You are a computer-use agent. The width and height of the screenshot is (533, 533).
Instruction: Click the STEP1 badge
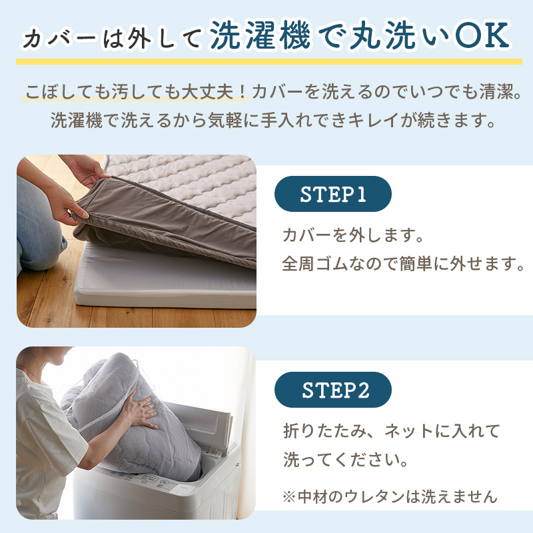(x=333, y=194)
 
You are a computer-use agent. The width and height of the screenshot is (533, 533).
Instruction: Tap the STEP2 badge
(x=333, y=390)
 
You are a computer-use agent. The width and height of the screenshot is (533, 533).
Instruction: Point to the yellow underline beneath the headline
(x=266, y=61)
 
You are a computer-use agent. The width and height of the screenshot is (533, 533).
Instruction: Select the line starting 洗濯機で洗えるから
(x=266, y=122)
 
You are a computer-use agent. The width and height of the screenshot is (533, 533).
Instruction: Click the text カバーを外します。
(x=354, y=235)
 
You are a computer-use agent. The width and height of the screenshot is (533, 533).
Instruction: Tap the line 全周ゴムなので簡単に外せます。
(x=404, y=265)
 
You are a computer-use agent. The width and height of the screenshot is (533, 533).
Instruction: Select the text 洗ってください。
(x=346, y=460)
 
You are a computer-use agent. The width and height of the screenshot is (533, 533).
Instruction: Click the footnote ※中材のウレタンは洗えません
(x=390, y=496)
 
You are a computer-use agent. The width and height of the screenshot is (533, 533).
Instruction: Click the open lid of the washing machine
(x=213, y=426)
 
